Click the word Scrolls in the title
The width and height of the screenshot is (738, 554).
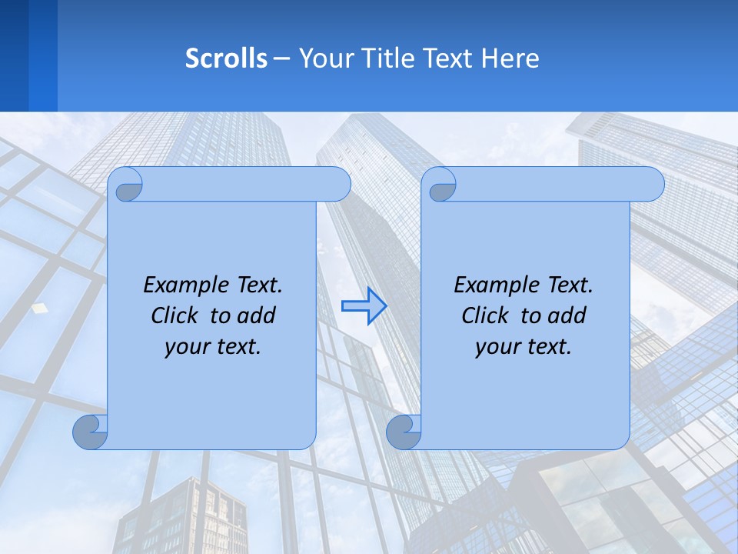click(226, 58)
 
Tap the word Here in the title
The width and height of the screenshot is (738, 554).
click(510, 58)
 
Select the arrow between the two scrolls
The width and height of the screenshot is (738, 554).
click(364, 306)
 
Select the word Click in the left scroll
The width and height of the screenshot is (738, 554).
click(177, 315)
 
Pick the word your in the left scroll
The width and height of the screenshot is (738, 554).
click(185, 347)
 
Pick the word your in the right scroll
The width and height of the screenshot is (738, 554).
click(496, 347)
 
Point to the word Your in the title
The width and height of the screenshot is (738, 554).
click(324, 58)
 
